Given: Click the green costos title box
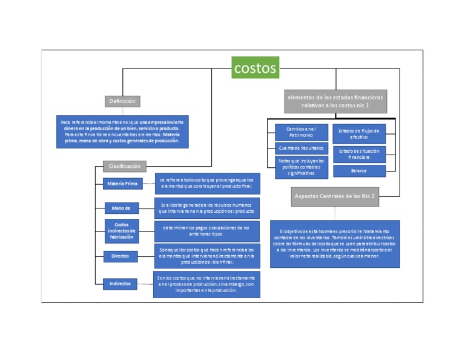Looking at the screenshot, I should coord(255,67).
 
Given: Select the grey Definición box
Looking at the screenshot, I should coord(122,101).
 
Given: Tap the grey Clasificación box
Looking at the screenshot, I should coord(124,166).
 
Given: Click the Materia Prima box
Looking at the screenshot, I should coord(122,184).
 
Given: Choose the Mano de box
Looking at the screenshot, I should coord(121,208).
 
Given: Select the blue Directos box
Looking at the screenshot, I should coord(120,256).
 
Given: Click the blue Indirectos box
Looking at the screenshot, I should coord(120,283).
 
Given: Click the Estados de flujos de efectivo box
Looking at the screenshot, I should coord(358,133).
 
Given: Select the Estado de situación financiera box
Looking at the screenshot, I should coord(358,154).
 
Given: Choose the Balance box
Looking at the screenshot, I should coord(358,171).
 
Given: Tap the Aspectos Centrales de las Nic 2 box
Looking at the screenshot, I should coord(335,196).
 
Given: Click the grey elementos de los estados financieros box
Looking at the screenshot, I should coord(335,101).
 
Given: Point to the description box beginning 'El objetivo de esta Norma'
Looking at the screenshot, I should coord(335,244).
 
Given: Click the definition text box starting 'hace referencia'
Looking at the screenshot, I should coord(123,132).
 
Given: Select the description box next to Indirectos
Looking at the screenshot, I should coord(206,284).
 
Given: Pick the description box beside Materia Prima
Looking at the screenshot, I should coord(206,183).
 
